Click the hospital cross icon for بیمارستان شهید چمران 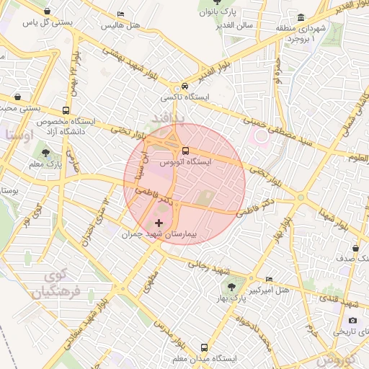coord(159,224)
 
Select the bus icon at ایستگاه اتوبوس coord(186,151)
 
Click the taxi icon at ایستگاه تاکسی coord(186,86)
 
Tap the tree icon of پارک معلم coord(46,153)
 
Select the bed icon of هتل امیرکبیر coord(269,280)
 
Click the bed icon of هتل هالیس coord(120,14)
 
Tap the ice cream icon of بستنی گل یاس coord(48,12)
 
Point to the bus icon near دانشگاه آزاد coord(66,111)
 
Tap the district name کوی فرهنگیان coord(55,285)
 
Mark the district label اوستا coord(18,135)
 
